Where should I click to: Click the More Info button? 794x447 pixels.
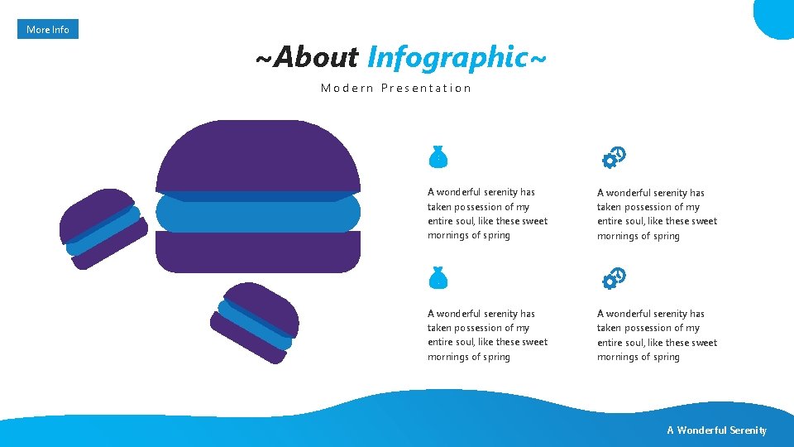click(48, 30)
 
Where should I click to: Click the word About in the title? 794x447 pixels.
click(316, 57)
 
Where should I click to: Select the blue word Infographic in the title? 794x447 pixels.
click(447, 57)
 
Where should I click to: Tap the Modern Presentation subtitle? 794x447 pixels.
click(396, 88)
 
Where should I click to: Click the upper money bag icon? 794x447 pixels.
click(438, 156)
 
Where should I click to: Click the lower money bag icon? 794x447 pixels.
click(438, 278)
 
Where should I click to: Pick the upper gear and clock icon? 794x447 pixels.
click(614, 157)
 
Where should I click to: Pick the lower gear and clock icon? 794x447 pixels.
click(614, 279)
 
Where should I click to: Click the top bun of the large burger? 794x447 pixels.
click(258, 157)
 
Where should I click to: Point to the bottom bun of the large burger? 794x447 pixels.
click(258, 252)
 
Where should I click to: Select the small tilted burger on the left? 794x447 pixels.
click(103, 228)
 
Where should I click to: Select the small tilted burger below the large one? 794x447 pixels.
click(256, 321)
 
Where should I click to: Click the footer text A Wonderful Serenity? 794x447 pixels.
click(717, 430)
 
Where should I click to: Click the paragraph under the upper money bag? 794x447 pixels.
click(487, 214)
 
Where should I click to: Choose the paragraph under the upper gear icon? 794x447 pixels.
click(657, 214)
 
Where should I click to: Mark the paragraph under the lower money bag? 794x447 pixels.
click(487, 335)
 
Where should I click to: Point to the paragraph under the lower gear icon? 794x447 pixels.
click(657, 335)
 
